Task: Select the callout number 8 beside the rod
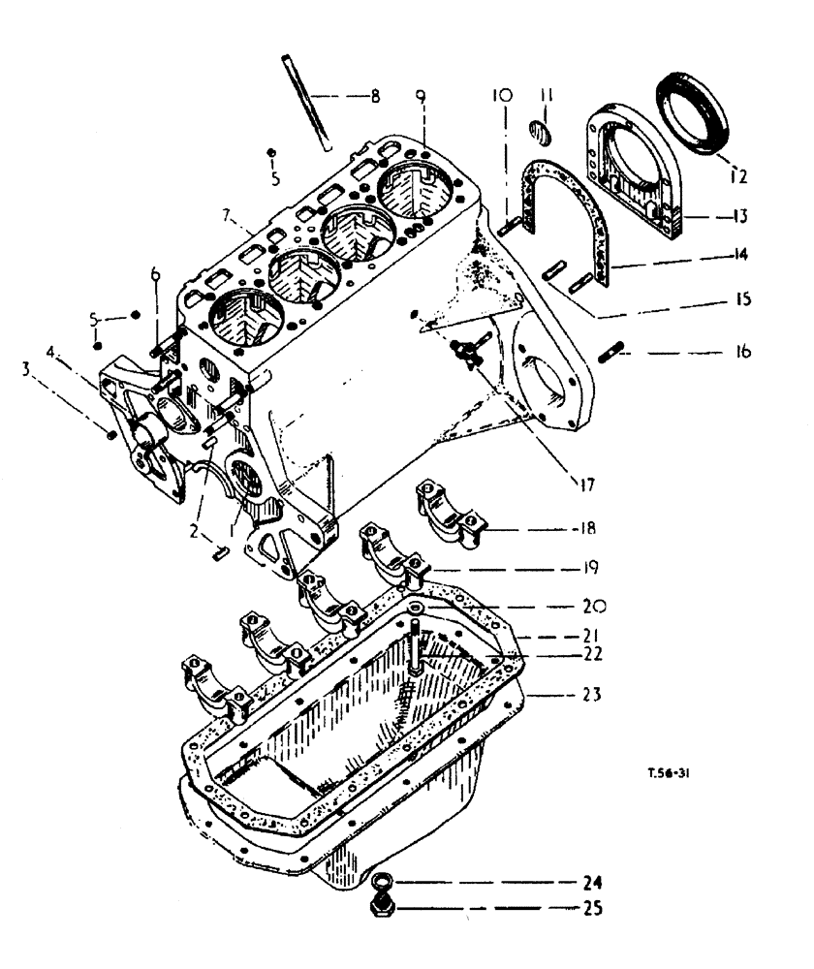pos(374,96)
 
